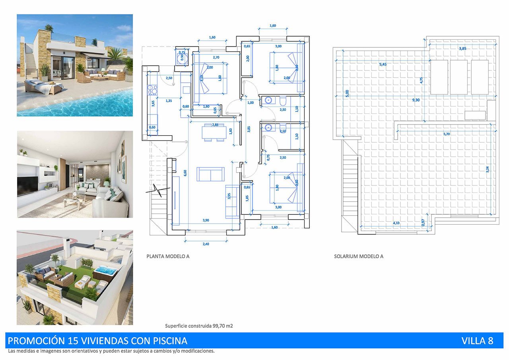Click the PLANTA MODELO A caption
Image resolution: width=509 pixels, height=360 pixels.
(168, 257)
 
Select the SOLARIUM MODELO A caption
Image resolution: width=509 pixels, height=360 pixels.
(358, 257)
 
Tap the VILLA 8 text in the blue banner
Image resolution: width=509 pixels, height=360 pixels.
(477, 341)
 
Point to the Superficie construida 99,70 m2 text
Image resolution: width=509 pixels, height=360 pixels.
(199, 326)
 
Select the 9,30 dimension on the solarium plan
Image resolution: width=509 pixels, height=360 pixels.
(416, 100)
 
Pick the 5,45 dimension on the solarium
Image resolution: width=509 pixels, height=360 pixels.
(383, 64)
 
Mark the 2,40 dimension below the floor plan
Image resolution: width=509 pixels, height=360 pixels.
(206, 244)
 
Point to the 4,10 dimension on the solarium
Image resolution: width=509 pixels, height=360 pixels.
(396, 223)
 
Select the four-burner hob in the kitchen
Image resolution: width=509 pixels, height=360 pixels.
(152, 91)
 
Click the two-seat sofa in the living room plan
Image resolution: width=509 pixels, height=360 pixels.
(210, 174)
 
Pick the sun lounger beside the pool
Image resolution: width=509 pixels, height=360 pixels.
(39, 86)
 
